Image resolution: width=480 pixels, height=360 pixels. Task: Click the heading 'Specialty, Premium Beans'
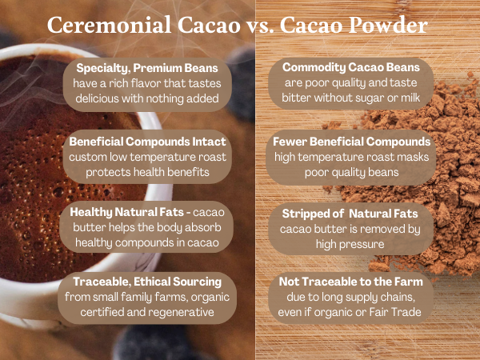[143, 67]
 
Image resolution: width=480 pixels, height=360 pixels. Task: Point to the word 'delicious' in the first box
[101, 98]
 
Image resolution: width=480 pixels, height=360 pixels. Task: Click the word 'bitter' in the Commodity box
[297, 98]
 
